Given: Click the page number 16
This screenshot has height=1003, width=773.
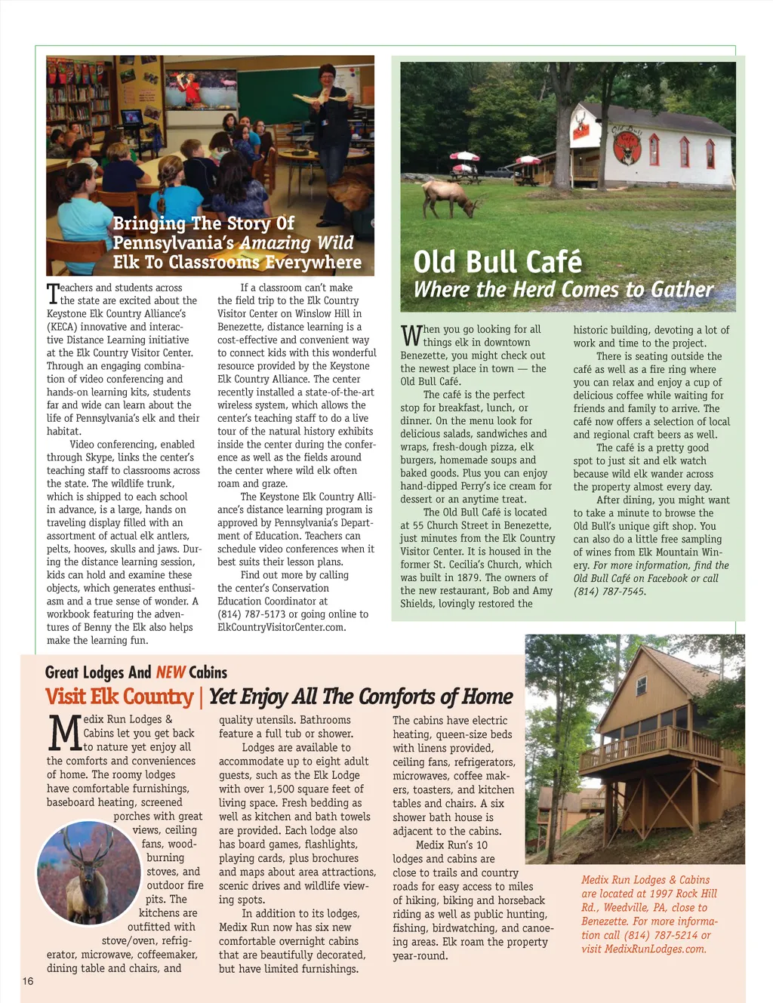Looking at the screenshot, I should pos(28,981).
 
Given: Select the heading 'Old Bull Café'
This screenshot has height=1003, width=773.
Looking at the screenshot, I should pos(497,263).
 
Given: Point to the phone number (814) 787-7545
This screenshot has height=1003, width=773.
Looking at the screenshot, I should pos(609,592).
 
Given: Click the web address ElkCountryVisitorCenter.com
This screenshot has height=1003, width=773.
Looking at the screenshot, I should pos(281,627).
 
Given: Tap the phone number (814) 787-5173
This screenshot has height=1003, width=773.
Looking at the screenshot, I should pos(251,614).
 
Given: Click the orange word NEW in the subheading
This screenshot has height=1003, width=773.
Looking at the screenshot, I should pos(171,672).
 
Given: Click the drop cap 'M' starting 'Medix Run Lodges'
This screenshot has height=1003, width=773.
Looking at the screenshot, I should pos(65,731).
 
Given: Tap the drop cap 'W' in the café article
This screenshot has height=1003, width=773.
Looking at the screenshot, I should pos(411,334).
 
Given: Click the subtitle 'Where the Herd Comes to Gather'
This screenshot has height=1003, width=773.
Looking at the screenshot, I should pos(562,290).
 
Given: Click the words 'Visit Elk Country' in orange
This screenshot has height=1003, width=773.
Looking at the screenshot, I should pos(119,697).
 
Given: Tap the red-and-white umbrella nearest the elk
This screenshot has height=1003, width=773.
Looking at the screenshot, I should pos(464,157).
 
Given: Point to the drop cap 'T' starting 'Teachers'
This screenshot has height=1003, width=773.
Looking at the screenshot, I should pos(53,294).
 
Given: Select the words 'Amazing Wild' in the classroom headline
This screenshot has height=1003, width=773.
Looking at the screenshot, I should pos(296,243).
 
